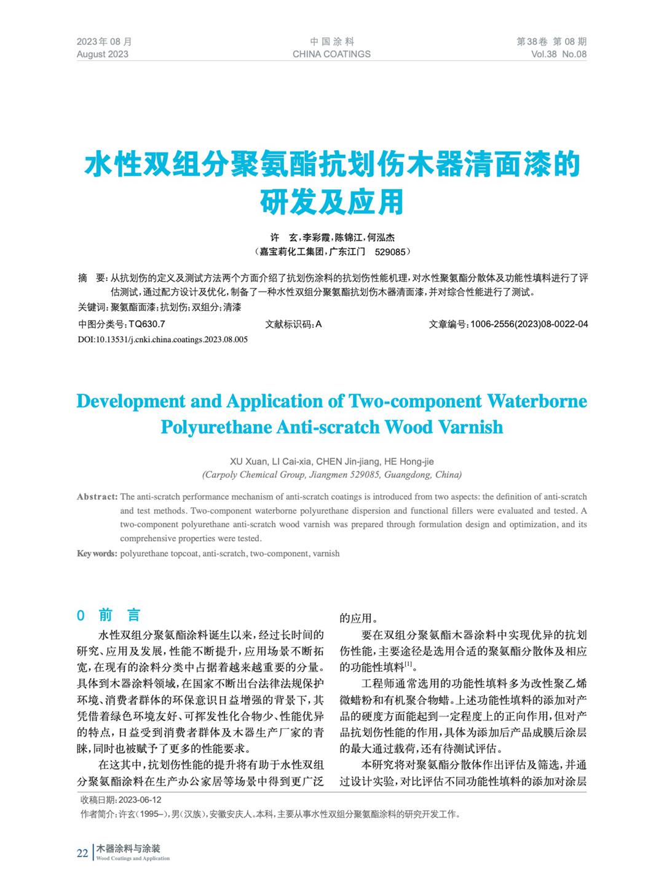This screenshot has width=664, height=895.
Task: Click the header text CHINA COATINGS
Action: pyautogui.click(x=331, y=54)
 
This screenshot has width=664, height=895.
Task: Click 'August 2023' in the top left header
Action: pyautogui.click(x=103, y=54)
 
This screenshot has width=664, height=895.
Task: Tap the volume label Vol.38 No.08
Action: pyautogui.click(x=558, y=54)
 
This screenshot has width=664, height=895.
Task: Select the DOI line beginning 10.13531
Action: pyautogui.click(x=162, y=339)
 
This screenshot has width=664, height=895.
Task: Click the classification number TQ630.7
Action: pyautogui.click(x=147, y=324)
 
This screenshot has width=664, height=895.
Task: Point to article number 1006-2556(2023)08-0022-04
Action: pyautogui.click(x=529, y=324)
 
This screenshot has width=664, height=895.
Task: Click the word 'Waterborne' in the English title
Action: pyautogui.click(x=537, y=401)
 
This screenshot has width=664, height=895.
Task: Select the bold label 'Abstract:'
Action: pyautogui.click(x=97, y=497)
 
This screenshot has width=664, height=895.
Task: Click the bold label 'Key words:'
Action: pyautogui.click(x=97, y=554)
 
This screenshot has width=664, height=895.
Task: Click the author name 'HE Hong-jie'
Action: pyautogui.click(x=409, y=461)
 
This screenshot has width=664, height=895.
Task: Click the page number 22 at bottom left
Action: pyautogui.click(x=82, y=853)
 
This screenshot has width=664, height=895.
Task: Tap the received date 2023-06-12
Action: pyautogui.click(x=140, y=800)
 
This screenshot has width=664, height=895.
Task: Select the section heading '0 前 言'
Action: pyautogui.click(x=109, y=615)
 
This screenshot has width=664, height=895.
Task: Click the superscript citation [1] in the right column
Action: pyautogui.click(x=408, y=664)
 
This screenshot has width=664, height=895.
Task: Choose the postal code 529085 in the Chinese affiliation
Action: pyautogui.click(x=390, y=252)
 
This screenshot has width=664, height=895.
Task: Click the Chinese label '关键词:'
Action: pyautogui.click(x=93, y=307)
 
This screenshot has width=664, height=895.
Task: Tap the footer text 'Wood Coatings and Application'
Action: pyautogui.click(x=133, y=858)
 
